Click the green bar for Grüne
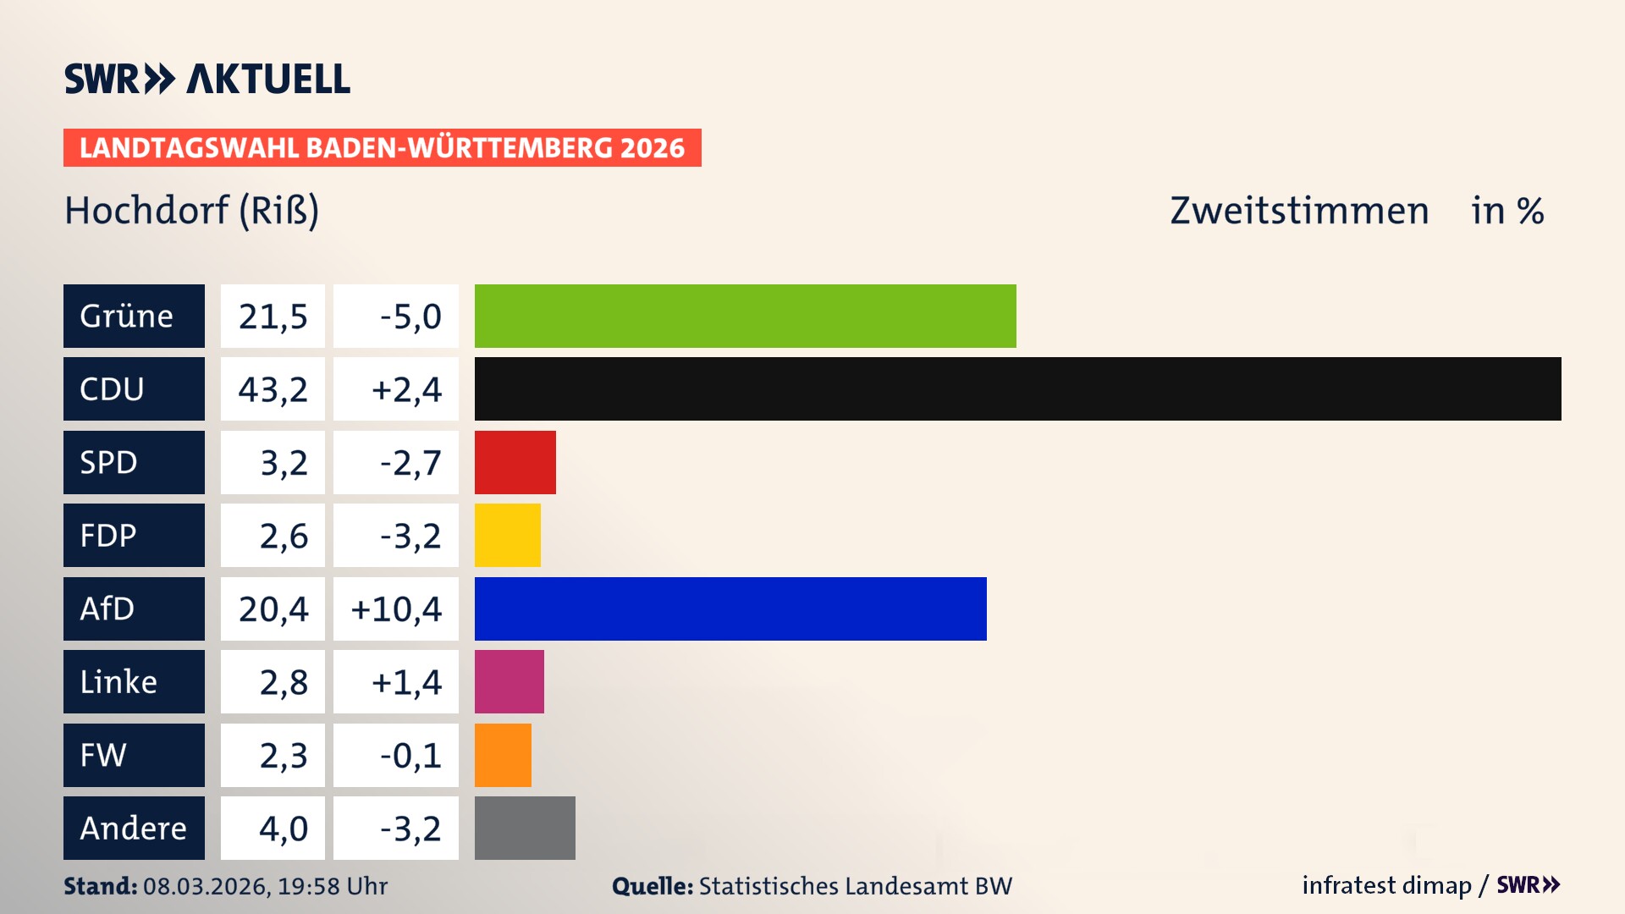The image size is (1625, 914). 745,316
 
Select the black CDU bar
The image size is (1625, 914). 1017,388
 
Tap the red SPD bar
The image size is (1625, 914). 515,462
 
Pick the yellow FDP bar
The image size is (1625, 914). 507,535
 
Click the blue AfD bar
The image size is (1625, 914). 730,608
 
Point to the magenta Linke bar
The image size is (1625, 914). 509,681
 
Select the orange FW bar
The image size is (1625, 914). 503,755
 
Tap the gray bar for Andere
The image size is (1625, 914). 525,828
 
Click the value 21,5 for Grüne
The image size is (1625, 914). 273,316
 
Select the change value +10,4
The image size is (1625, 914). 396,608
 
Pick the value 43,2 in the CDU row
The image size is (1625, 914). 273,388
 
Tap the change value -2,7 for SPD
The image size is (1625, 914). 410,462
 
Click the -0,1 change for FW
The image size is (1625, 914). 410,755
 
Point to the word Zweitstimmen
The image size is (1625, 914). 1299,211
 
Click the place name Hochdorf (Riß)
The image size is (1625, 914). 192,211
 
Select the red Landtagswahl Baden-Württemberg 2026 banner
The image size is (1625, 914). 382,147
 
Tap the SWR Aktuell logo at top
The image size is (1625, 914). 207,79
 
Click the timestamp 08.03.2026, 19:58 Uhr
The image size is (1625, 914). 265,886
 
